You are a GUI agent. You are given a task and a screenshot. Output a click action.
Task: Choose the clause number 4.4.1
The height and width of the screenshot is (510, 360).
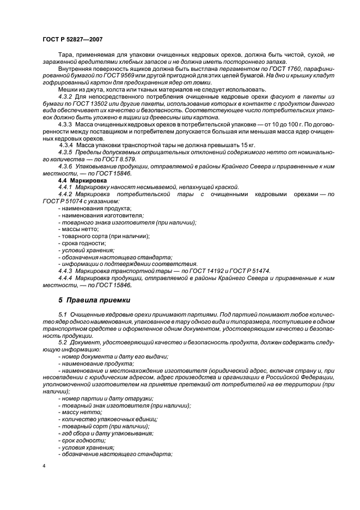[x=67, y=187]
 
